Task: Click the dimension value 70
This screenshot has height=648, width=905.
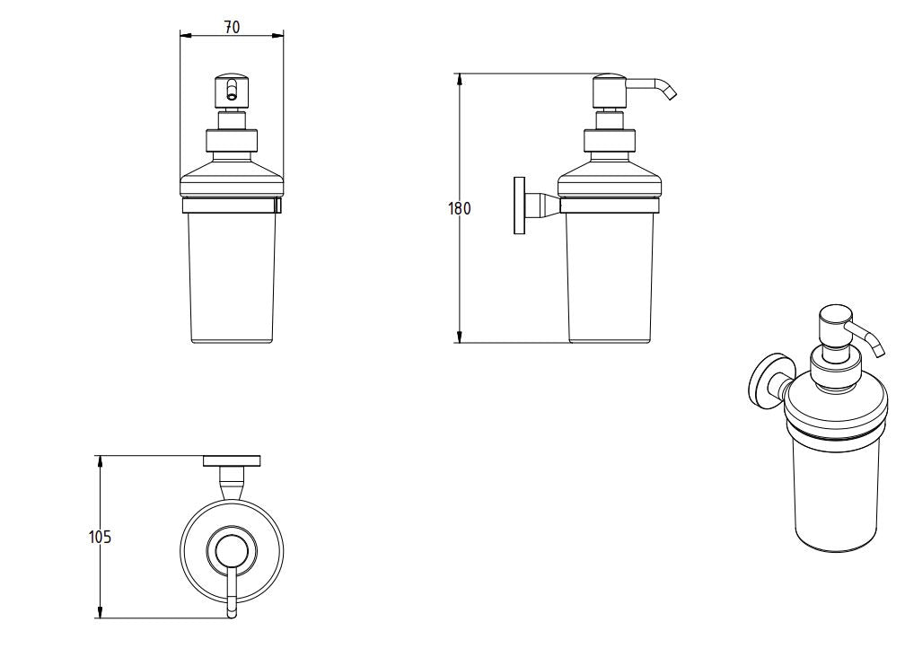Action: [232, 27]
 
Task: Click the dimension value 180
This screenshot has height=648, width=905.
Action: [459, 208]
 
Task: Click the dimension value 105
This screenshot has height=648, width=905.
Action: [100, 537]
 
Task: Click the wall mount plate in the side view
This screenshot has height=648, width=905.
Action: [519, 206]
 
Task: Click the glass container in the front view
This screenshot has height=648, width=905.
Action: [232, 278]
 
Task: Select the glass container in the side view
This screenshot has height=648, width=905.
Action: [611, 278]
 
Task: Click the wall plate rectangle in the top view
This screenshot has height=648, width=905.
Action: [232, 461]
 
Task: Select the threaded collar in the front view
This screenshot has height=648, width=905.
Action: [232, 141]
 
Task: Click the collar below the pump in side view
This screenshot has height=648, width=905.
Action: [611, 141]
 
